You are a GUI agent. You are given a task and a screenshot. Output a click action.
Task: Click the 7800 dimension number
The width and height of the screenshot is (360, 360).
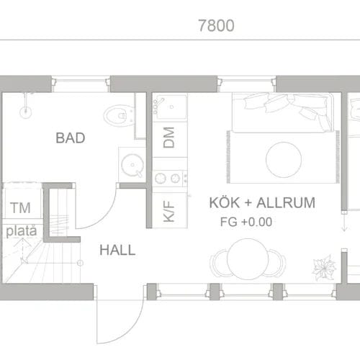(216, 25)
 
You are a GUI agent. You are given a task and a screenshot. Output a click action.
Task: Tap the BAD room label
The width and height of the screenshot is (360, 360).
(71, 138)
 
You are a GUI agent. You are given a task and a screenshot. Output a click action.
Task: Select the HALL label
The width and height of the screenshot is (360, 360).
(117, 250)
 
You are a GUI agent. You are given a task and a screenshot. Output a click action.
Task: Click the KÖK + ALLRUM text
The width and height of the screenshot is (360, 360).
(262, 202)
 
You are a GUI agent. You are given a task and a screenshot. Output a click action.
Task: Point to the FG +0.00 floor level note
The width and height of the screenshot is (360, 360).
(246, 222)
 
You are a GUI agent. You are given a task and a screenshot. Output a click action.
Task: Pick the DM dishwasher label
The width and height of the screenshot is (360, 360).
(168, 138)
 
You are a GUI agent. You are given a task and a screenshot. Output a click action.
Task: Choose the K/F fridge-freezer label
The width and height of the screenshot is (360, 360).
(168, 211)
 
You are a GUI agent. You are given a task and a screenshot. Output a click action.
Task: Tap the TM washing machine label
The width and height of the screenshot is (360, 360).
(20, 208)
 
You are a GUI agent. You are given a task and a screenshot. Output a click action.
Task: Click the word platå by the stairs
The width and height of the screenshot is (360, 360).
(22, 231)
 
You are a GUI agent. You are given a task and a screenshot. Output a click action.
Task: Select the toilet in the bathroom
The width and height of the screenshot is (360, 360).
(119, 115)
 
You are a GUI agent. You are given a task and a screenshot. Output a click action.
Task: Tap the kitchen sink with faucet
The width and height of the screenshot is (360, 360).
(170, 107)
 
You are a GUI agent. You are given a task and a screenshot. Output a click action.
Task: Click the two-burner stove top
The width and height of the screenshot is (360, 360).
(170, 178)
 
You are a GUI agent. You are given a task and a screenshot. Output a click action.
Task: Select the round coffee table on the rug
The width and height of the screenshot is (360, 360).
(284, 160)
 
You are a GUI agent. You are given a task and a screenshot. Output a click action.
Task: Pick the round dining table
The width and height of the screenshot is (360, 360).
(248, 259)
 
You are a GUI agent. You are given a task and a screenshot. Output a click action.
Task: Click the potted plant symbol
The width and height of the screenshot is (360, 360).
(324, 267)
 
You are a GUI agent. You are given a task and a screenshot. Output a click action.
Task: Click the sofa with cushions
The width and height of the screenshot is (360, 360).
(283, 112)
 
